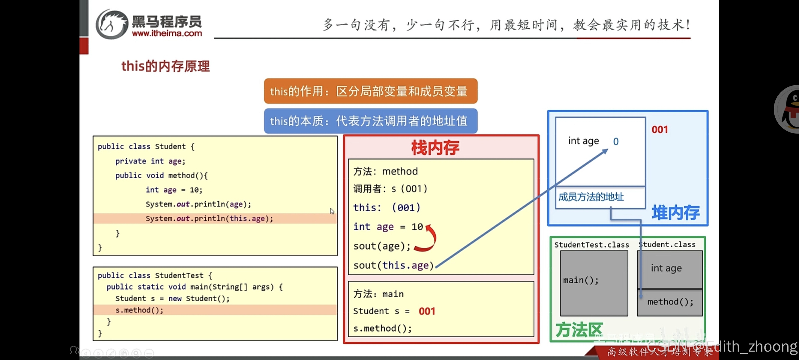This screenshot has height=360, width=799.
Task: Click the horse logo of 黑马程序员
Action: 112,24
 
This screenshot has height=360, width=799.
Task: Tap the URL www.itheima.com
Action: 167,33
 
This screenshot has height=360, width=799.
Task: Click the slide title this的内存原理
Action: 166,66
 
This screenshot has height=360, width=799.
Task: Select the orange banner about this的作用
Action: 370,91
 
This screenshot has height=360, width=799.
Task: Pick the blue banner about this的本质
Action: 370,121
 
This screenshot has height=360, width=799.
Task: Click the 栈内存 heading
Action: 435,148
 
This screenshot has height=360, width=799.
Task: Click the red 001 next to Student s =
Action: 427,311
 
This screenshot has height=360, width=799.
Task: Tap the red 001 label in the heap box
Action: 660,130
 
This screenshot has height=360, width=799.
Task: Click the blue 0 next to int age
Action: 616,142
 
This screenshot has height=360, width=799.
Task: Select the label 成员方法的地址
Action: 591,197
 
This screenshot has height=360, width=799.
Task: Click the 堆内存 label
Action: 675,213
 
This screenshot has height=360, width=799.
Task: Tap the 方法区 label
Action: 579,330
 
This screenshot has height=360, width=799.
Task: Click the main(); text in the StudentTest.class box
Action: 581,280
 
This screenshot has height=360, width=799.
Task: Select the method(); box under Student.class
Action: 670,302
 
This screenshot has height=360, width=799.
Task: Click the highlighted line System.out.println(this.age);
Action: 209,218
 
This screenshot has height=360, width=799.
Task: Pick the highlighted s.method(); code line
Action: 139,310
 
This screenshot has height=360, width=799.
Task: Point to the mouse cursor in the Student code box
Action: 332,211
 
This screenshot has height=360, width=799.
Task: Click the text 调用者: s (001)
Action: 390,189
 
